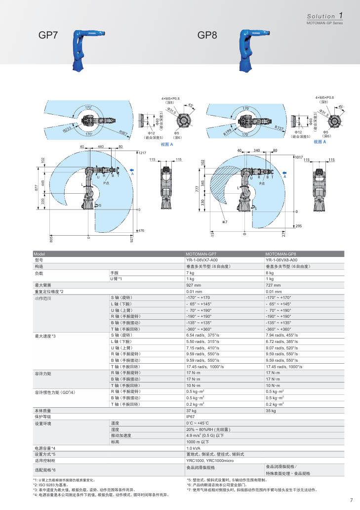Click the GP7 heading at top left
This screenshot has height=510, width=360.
coord(48,36)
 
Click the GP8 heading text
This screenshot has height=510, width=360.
coord(208,36)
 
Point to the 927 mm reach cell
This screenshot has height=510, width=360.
coord(194,285)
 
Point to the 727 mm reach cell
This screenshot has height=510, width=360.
coord(274,285)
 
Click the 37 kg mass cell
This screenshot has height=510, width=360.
coord(191,411)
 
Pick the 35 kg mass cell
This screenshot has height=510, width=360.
coord(271,411)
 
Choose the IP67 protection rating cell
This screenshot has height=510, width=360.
coord(191,417)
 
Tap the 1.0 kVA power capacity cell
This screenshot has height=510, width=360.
coord(194,448)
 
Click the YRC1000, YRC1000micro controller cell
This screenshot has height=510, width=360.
coord(207,460)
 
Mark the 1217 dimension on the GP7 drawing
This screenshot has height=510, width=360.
coord(143,152)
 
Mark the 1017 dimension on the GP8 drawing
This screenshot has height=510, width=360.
coord(298,157)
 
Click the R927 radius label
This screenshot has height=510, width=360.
coord(123,132)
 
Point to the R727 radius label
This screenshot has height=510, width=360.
coord(279,128)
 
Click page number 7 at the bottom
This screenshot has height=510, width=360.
coord(351,499)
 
